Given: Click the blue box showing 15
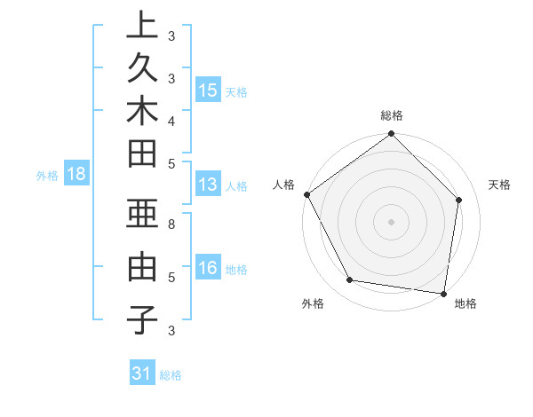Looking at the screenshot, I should click(x=208, y=90).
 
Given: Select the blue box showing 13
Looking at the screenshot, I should click(x=208, y=185).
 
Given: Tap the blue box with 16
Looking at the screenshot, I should click(x=208, y=268).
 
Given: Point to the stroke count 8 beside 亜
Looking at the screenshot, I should click(x=171, y=225).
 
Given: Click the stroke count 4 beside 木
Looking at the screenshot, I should click(x=171, y=120).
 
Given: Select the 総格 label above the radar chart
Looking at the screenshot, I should click(x=392, y=115).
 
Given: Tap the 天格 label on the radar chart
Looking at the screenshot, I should click(x=499, y=185).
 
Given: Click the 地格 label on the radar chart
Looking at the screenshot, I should click(x=465, y=303).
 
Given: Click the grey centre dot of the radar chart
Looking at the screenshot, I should click(x=392, y=221).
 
